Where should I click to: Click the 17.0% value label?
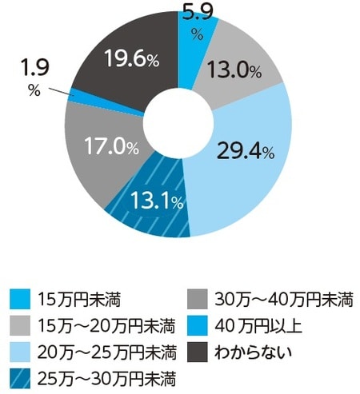click(110, 147)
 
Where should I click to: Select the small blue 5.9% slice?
click(190, 40)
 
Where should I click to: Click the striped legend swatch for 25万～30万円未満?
click(19, 375)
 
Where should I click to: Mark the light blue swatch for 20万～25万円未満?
click(19, 350)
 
